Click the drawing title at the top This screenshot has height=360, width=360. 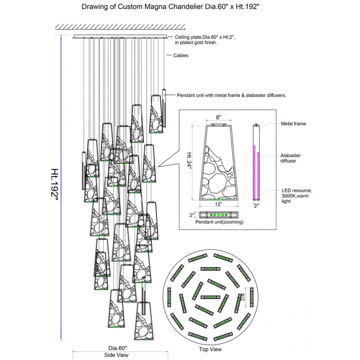(180, 8)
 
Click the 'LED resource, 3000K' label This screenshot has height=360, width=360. (297, 196)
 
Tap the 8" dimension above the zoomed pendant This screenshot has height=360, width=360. (219, 117)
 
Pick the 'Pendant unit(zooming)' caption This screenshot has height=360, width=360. (219, 222)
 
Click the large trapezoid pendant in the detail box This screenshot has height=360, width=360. (219, 164)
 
